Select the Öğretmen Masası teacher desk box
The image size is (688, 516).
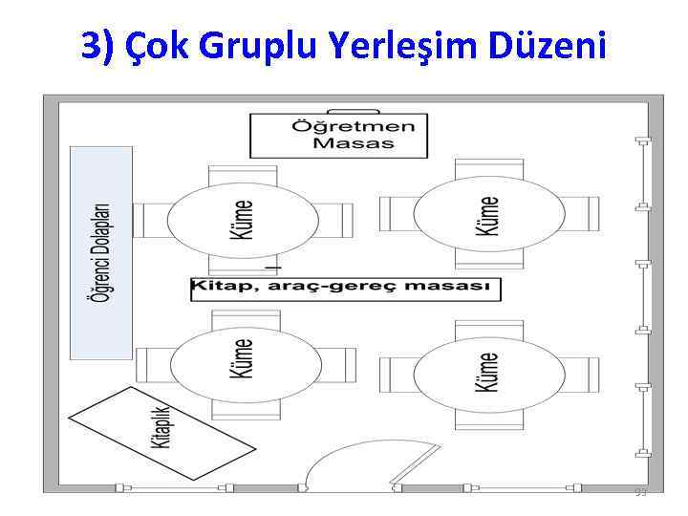pos(338,135)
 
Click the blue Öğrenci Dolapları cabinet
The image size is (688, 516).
pos(100,252)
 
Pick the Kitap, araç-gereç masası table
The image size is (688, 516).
pos(345,288)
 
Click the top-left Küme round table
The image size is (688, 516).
pos(243,219)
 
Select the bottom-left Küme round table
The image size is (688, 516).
pos(244,367)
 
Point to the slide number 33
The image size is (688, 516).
pos(641,492)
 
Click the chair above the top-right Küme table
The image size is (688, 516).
pos(488,168)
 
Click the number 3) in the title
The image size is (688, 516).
pos(97,46)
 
